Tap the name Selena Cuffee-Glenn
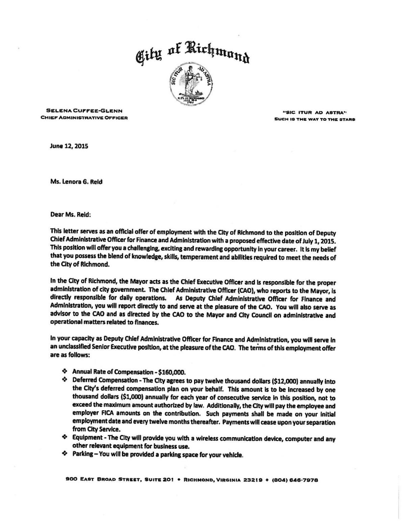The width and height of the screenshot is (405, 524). point(84,110)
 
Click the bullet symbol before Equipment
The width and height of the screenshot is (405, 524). point(65,438)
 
